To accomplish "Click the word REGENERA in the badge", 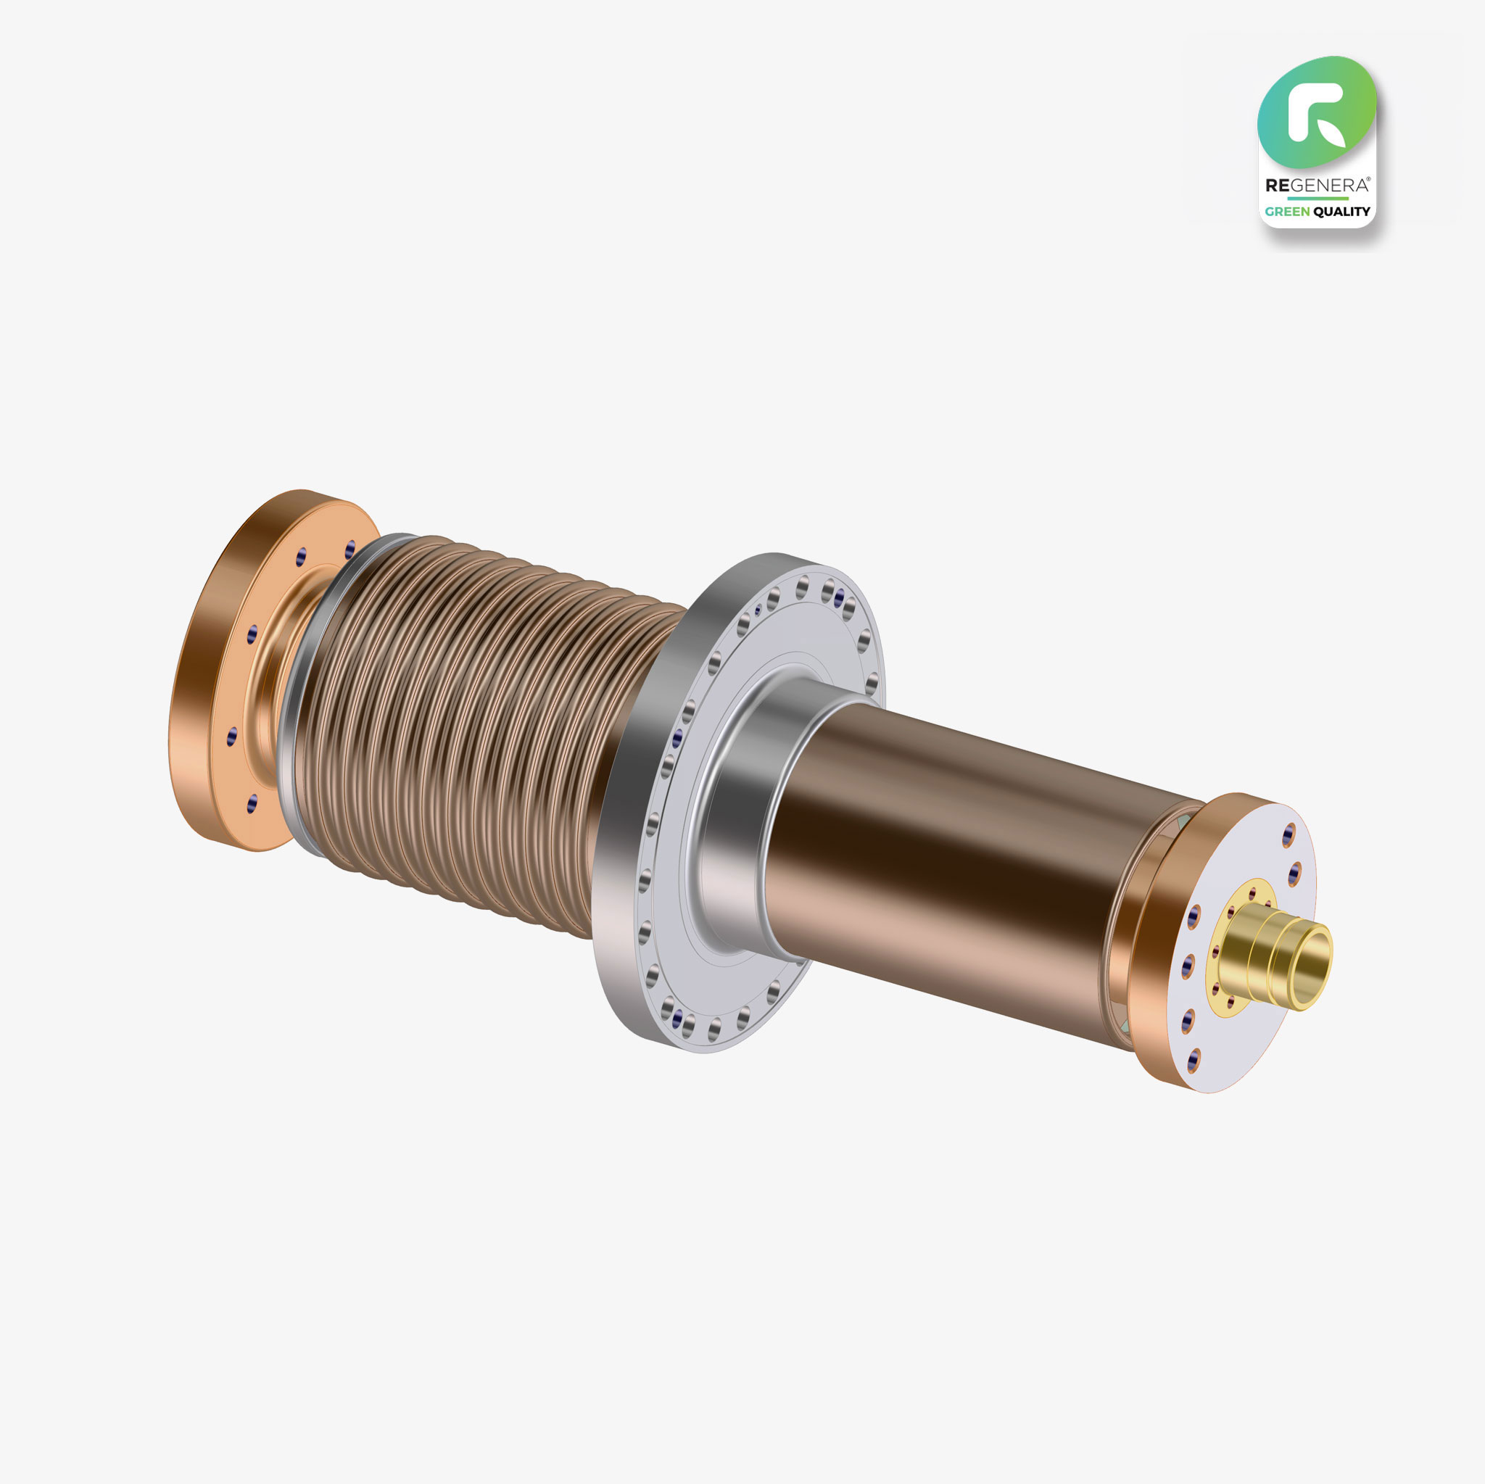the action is click(x=1317, y=185).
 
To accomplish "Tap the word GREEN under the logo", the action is click(x=1288, y=212).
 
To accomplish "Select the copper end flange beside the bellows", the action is click(x=231, y=668).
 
